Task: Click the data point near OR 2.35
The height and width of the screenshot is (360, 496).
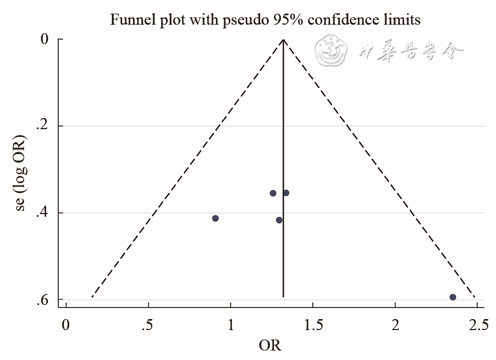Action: point(452,297)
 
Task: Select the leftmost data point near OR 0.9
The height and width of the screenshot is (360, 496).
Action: point(215,218)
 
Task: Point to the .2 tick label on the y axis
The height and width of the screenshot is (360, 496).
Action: point(43,126)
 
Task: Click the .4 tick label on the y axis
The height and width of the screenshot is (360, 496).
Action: point(43,213)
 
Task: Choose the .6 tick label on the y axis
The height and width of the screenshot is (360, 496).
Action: point(43,300)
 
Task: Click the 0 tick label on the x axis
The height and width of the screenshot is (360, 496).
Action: point(66,324)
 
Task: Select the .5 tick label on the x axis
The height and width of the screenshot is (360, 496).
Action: point(147,324)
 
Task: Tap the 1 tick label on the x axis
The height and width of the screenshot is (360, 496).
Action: point(230,324)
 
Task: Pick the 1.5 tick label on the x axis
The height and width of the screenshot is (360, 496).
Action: point(312,324)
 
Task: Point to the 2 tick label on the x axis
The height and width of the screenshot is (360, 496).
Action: point(395,324)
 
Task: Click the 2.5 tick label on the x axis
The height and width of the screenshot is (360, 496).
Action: point(477,324)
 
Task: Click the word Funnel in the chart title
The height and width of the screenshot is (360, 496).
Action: point(129,20)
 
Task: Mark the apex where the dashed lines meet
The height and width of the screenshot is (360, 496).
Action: point(283,39)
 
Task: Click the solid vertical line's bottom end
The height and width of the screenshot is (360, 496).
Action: point(283,297)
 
